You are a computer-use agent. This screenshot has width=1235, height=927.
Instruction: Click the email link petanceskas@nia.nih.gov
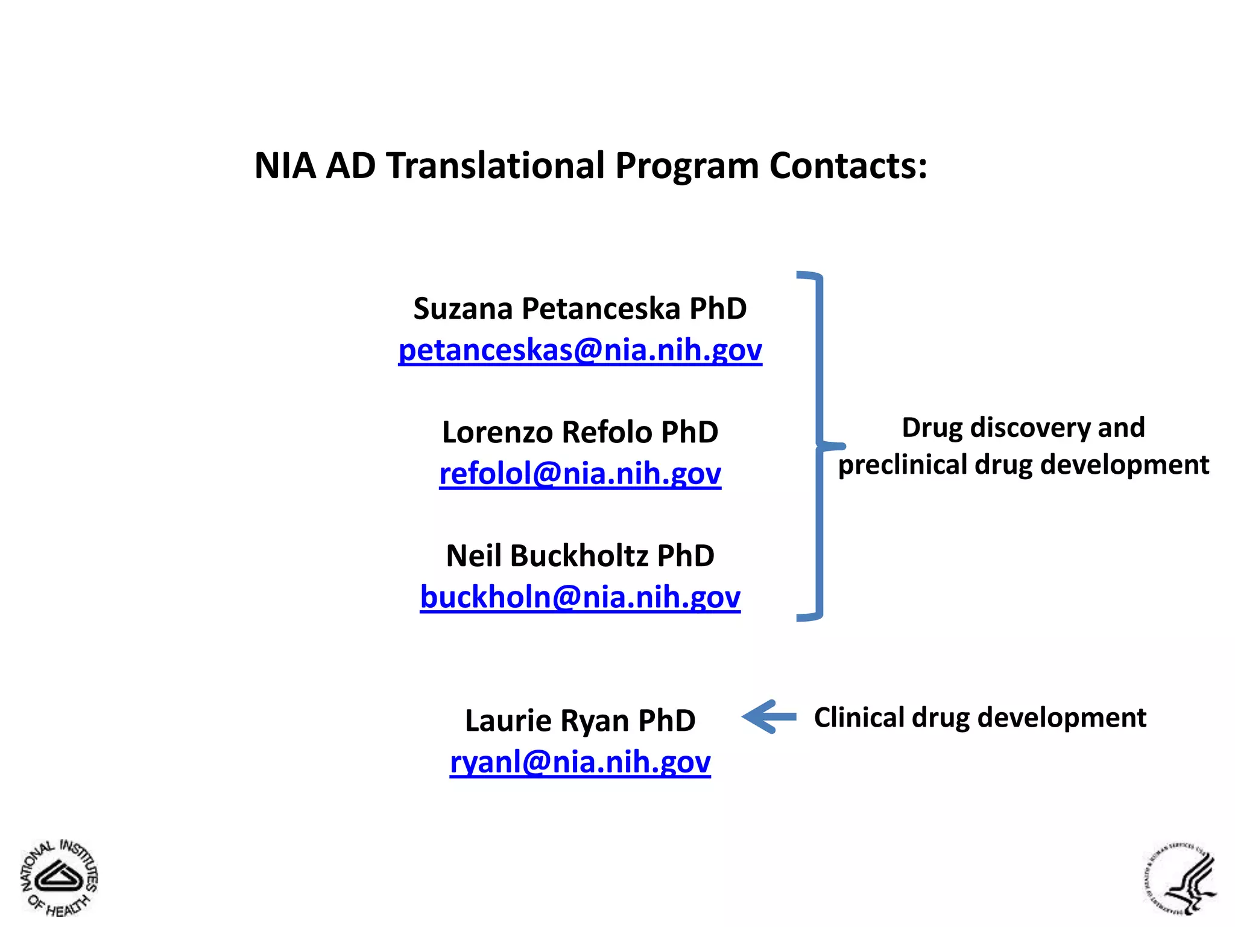580,350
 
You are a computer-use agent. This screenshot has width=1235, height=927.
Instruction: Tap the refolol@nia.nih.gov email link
580,473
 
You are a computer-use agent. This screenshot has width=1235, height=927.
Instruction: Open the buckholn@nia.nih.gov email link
580,597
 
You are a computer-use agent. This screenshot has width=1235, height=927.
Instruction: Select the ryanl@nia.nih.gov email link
580,762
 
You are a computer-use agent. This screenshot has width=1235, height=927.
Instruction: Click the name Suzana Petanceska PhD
580,309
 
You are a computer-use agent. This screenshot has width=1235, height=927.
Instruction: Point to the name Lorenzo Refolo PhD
580,432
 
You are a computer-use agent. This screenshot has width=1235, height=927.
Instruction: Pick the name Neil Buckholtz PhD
580,556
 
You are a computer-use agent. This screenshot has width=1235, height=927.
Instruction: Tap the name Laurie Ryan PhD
580,721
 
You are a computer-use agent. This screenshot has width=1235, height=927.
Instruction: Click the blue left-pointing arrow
769,717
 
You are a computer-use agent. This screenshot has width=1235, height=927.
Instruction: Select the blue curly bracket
819,447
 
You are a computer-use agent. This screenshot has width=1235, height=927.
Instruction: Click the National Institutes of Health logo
59,877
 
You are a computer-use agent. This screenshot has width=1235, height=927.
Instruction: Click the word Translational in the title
496,165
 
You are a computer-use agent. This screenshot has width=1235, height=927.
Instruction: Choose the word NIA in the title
285,165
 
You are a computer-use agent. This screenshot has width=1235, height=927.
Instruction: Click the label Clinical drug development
980,718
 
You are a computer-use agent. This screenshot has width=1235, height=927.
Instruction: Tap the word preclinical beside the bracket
902,465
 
